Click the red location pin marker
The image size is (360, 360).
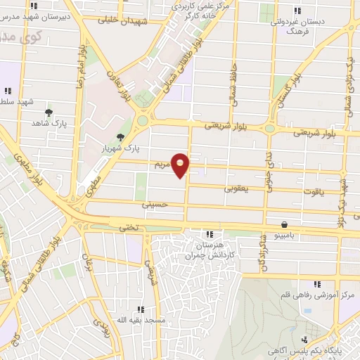point(181,166)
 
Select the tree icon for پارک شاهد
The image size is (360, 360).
point(49,112)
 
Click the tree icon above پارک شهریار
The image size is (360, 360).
point(121,138)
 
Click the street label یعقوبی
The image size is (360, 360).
point(236,188)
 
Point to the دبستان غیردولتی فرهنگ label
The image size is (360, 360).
point(297,26)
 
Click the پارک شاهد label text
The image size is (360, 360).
point(49,123)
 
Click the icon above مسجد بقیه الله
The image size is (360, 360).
point(141,309)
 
